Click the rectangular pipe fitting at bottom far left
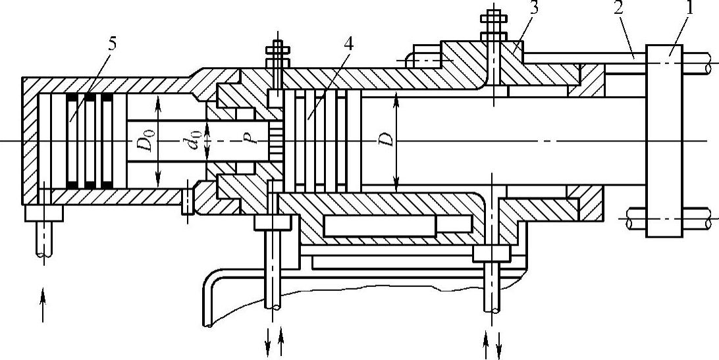pyautogui.click(x=43, y=213)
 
